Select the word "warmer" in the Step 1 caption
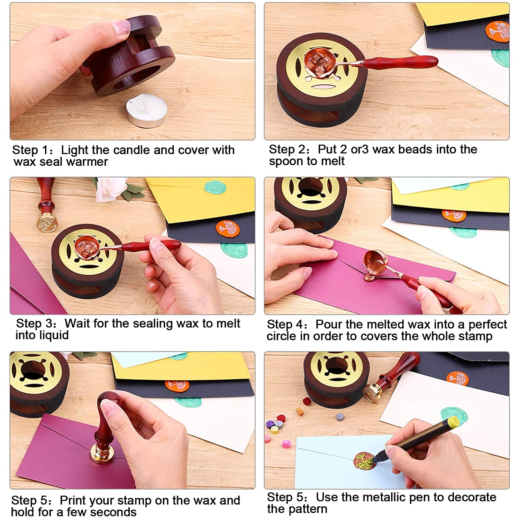(x=89, y=162)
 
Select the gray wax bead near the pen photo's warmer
(x=340, y=417)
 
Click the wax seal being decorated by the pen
(x=366, y=462)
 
